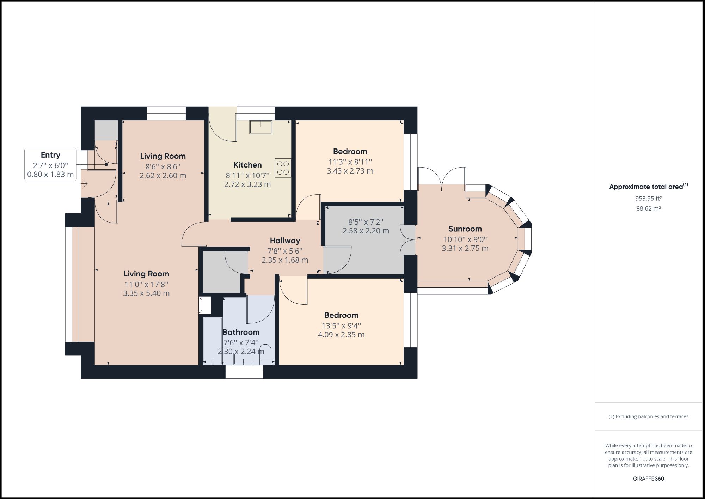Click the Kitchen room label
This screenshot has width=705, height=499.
[247, 165]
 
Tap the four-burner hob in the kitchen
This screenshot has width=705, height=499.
[283, 168]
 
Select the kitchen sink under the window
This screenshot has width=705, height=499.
[261, 127]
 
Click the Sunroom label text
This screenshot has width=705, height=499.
[465, 229]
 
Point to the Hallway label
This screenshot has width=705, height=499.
[285, 241]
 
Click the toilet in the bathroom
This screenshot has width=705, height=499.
[265, 354]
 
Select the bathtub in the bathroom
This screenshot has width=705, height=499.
[213, 341]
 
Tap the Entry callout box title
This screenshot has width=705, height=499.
[50, 155]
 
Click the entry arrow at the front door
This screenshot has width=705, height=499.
[85, 184]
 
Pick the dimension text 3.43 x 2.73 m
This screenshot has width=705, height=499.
[350, 171]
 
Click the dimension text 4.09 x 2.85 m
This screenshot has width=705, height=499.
[341, 335]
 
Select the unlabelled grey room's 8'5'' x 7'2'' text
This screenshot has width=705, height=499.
[366, 222]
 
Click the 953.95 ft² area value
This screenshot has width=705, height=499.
[648, 199]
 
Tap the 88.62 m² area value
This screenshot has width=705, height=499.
[648, 208]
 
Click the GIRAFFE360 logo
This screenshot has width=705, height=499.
[648, 479]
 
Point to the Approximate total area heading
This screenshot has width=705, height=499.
[646, 187]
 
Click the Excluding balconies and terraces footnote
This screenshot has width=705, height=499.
[648, 416]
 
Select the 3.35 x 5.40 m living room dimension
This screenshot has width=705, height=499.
[146, 293]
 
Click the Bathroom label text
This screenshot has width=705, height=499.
[241, 332]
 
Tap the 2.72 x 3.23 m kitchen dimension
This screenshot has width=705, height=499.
[247, 184]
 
